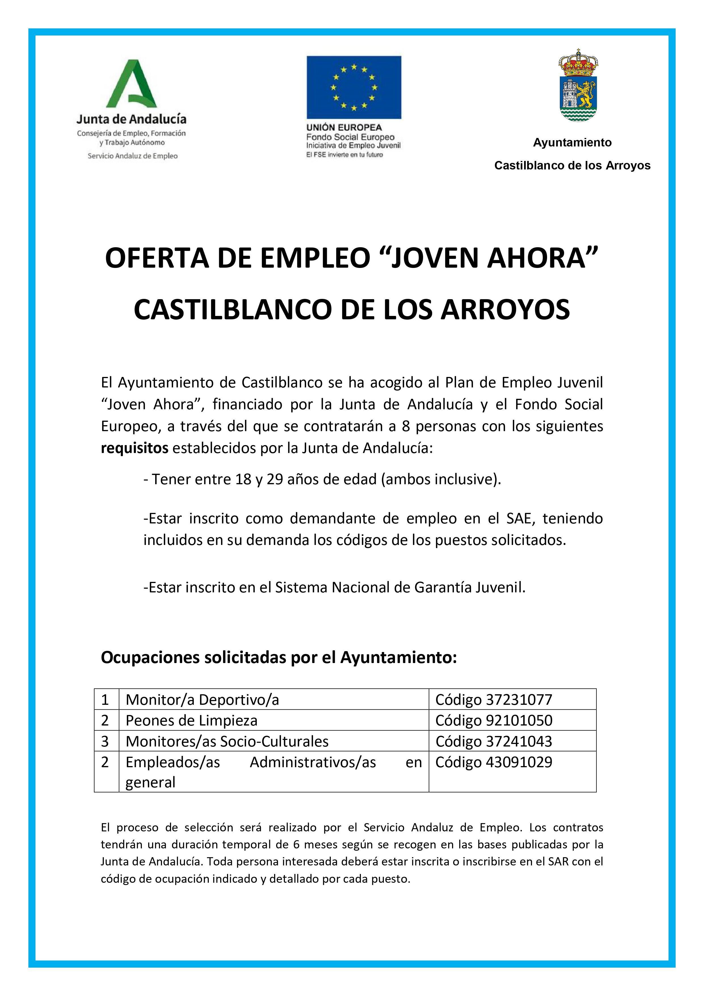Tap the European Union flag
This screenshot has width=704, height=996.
pyautogui.click(x=354, y=87)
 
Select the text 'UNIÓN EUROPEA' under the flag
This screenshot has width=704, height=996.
pyautogui.click(x=344, y=127)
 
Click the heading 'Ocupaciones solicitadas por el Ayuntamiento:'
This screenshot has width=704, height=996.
pyautogui.click(x=279, y=658)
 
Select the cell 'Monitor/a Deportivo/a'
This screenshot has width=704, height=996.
pyautogui.click(x=202, y=700)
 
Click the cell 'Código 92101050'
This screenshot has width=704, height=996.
pyautogui.click(x=494, y=721)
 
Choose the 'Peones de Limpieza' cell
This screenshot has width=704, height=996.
pyautogui.click(x=191, y=721)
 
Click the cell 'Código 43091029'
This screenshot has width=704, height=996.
pyautogui.click(x=494, y=762)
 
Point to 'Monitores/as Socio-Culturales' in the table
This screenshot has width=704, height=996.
pyautogui.click(x=227, y=741)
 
